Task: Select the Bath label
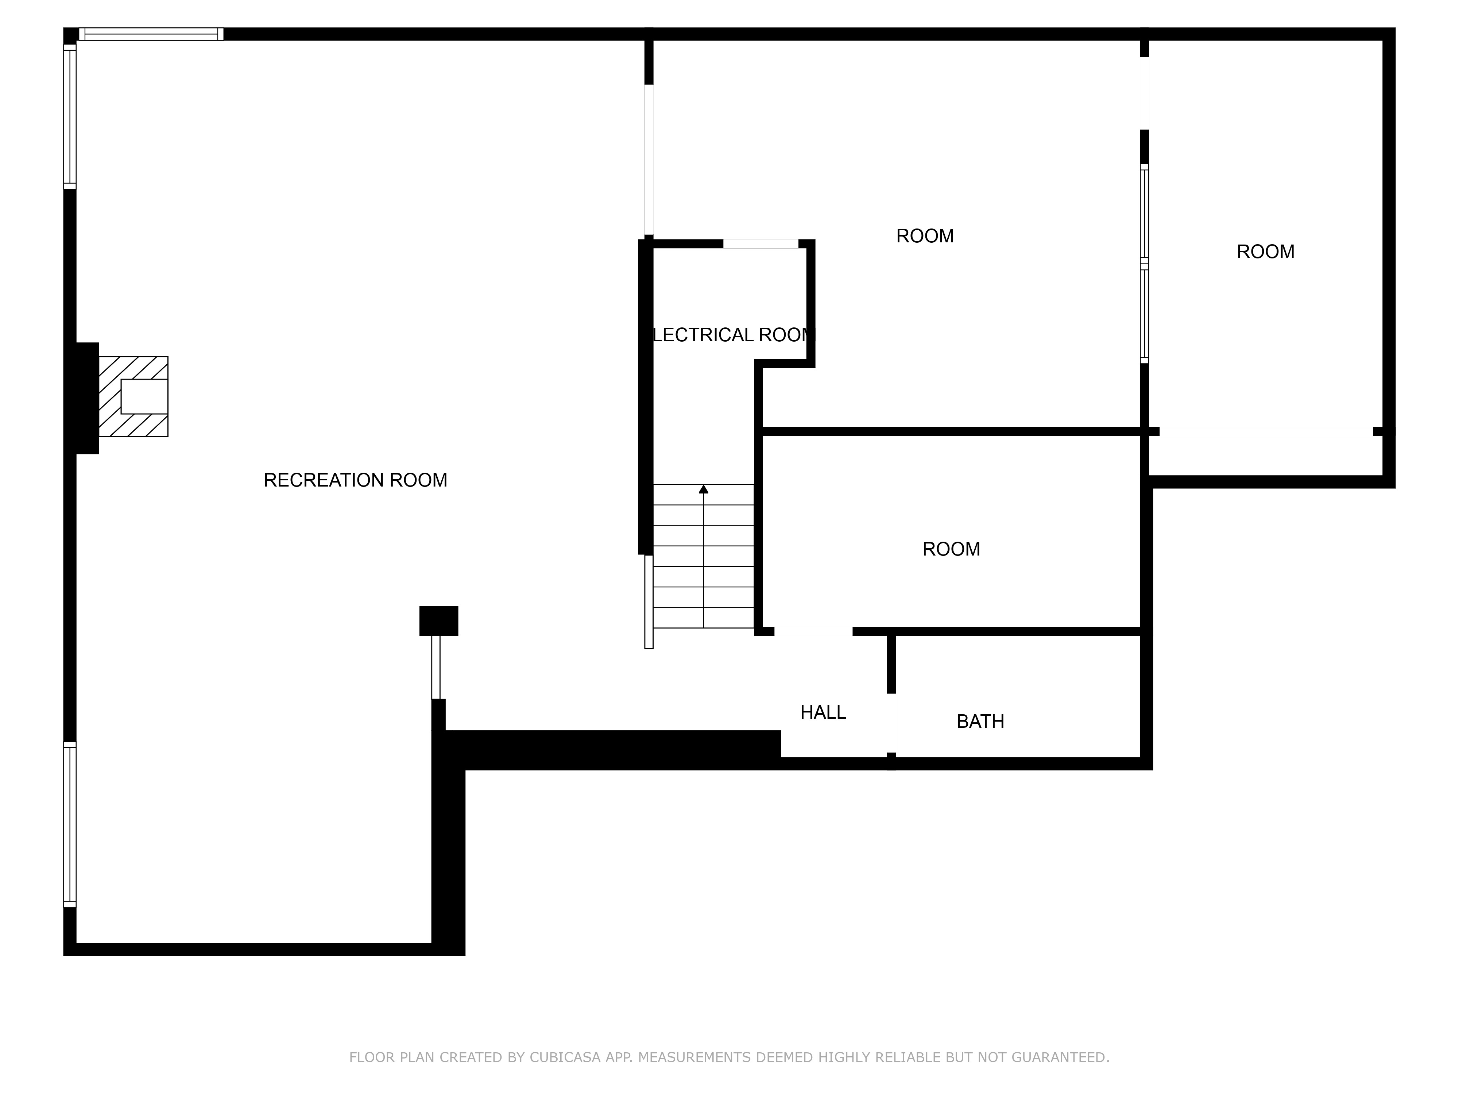(980, 721)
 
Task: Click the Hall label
(823, 712)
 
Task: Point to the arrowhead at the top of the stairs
(703, 489)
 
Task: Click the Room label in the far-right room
(1265, 251)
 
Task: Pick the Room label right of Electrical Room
(925, 236)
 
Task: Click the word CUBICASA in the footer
(565, 1057)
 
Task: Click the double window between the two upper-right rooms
(1144, 264)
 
